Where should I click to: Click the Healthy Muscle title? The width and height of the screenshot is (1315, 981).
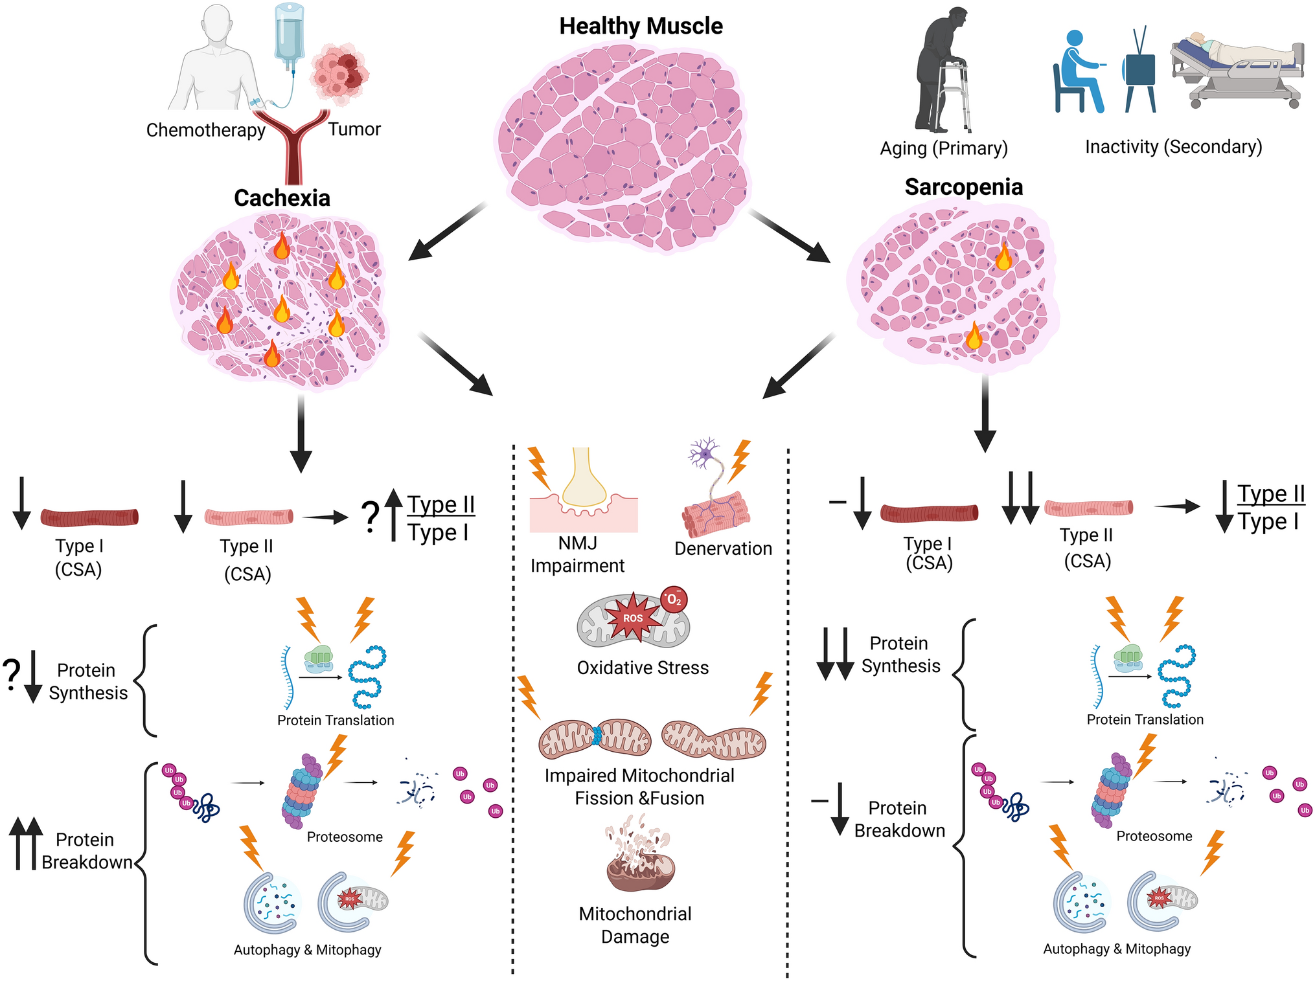[641, 27]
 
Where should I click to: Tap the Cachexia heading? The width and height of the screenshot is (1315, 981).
[282, 198]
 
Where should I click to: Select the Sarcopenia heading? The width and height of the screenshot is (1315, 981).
[963, 187]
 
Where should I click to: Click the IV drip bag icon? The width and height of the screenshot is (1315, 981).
[289, 32]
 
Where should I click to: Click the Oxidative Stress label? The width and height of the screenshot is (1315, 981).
[643, 668]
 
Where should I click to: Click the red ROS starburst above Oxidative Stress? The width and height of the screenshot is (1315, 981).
[633, 618]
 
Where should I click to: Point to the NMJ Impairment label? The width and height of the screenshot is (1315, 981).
[577, 554]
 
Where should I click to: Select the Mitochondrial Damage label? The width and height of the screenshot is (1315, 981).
[635, 925]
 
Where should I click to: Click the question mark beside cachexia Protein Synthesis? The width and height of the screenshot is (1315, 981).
[11, 675]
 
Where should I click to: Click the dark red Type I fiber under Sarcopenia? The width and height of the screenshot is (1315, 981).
[929, 513]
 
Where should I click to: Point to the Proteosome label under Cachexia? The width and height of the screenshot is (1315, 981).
[345, 837]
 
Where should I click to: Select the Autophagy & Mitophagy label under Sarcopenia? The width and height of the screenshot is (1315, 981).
[1116, 949]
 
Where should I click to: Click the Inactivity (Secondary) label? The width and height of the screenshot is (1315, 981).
[1173, 147]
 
